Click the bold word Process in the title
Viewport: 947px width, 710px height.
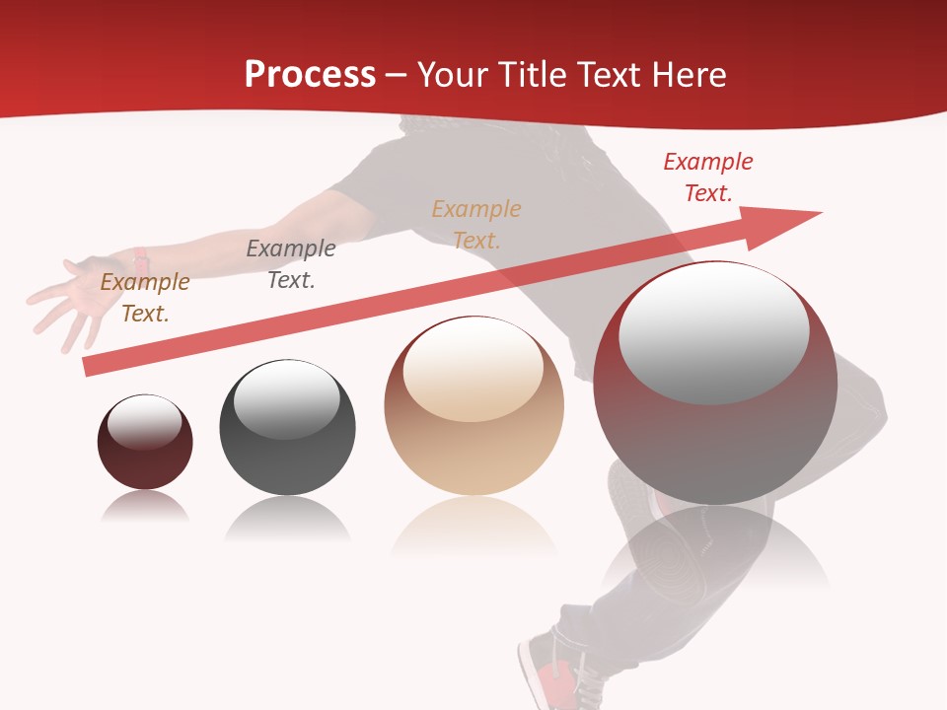(x=310, y=74)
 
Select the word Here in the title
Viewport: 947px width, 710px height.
(x=688, y=74)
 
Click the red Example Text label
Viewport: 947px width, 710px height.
(x=707, y=177)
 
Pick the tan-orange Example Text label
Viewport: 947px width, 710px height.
(x=476, y=224)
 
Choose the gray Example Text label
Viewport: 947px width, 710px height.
(x=290, y=263)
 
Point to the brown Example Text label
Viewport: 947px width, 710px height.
(x=145, y=297)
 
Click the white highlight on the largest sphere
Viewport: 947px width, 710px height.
(x=713, y=332)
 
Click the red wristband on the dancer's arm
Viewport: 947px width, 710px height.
(x=141, y=261)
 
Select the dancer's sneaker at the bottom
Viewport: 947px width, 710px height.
(x=552, y=671)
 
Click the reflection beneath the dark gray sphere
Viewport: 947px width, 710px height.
(x=287, y=518)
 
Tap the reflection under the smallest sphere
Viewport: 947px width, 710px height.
(x=145, y=508)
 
